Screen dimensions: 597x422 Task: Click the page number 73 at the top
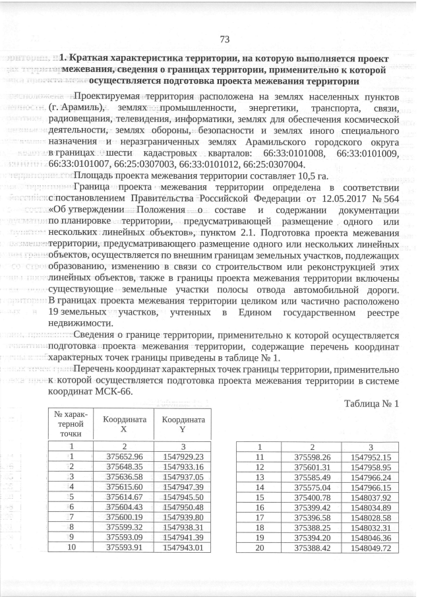(x=224, y=40)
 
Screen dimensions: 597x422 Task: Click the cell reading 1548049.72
(x=371, y=547)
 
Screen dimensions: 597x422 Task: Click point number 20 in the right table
(x=259, y=547)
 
